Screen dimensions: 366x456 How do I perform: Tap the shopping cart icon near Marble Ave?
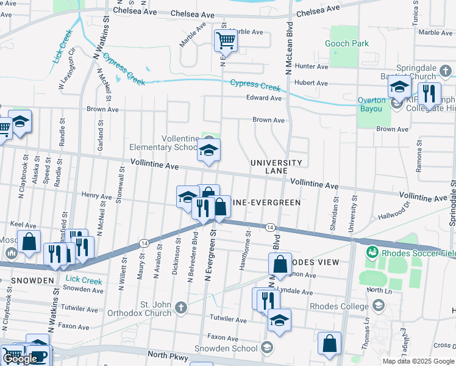pos(226,41)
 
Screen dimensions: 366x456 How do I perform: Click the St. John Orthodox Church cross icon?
pos(181,307)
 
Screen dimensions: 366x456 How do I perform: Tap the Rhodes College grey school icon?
pos(378,305)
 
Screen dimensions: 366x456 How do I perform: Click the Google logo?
pos(20,359)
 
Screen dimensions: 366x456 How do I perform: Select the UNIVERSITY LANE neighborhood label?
pos(276,167)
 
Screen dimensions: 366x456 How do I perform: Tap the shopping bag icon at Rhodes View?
pos(280,265)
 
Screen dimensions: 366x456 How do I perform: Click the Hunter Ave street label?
pos(311,66)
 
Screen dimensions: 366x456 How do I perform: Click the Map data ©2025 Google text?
pos(418,361)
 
